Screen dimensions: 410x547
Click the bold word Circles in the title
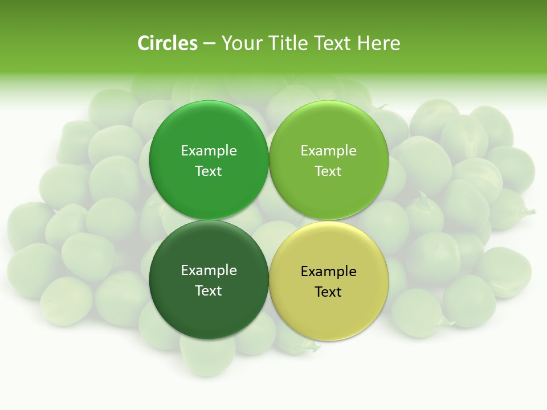point(167,43)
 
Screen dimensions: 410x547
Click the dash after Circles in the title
point(209,44)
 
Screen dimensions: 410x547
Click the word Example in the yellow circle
point(328,272)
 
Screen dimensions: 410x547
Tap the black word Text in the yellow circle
point(328,292)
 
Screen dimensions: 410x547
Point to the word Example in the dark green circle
point(209,270)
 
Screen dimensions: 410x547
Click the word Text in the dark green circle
point(209,291)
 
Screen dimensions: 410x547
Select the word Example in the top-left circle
point(209,151)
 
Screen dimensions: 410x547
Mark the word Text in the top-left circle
point(209,171)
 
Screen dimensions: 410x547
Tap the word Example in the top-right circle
point(328,151)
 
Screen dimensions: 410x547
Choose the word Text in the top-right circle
point(328,171)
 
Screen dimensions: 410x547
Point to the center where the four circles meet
point(268,220)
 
